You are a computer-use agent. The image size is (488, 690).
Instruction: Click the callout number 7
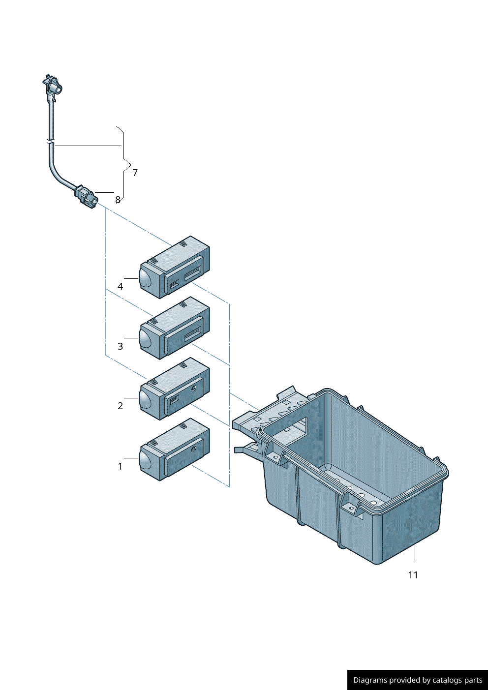(135, 173)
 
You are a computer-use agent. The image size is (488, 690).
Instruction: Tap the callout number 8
(118, 200)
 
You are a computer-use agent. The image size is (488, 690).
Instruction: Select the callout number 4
(120, 286)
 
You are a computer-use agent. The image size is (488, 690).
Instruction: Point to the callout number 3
(120, 346)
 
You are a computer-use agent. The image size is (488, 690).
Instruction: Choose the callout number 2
(120, 406)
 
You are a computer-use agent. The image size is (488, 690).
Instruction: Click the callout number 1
(120, 466)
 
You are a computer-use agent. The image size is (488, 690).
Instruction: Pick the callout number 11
(413, 575)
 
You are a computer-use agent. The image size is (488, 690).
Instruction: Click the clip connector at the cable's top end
(53, 87)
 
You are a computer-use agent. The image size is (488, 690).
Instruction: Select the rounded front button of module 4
(145, 278)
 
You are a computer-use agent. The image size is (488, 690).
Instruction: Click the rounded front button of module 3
(145, 338)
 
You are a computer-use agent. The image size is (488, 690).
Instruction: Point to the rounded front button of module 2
(145, 398)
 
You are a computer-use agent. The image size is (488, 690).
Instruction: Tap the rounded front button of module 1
(145, 459)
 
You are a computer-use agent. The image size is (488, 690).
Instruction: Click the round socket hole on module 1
(194, 449)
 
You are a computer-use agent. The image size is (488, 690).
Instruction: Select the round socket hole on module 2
(194, 389)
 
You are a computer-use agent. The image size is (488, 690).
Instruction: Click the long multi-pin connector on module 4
(193, 273)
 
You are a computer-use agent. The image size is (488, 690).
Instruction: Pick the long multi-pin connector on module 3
(193, 333)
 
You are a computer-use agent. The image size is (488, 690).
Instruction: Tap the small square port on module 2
(174, 399)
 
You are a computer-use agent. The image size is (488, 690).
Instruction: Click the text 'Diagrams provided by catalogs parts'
(418, 680)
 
